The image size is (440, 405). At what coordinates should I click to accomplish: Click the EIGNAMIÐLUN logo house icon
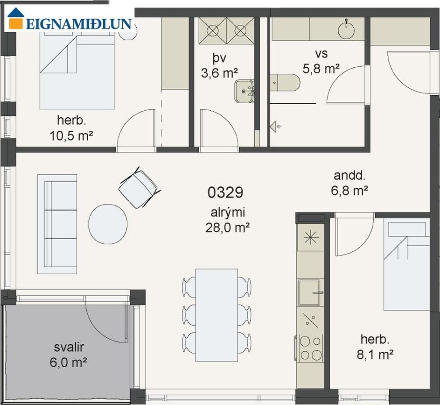(16, 19)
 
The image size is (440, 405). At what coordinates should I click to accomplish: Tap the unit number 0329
(225, 192)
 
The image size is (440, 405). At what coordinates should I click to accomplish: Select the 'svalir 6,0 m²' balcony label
(69, 355)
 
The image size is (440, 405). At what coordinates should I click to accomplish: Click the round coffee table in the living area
(108, 224)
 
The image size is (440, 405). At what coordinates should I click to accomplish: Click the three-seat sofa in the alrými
(57, 224)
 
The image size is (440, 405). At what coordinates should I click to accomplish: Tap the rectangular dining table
(217, 315)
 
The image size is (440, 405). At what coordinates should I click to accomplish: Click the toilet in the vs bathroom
(285, 83)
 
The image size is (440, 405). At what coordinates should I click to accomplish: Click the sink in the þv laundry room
(244, 91)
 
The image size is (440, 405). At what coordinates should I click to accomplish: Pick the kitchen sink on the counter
(309, 292)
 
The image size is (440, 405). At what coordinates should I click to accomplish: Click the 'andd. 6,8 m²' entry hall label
(349, 183)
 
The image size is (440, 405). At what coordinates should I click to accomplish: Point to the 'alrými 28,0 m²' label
(228, 220)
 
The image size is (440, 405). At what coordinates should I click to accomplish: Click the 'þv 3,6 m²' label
(219, 65)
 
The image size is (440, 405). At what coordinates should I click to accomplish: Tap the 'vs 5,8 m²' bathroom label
(321, 61)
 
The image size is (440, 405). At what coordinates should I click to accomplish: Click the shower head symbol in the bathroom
(276, 127)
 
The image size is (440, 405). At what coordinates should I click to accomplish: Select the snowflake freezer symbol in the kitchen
(311, 238)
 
